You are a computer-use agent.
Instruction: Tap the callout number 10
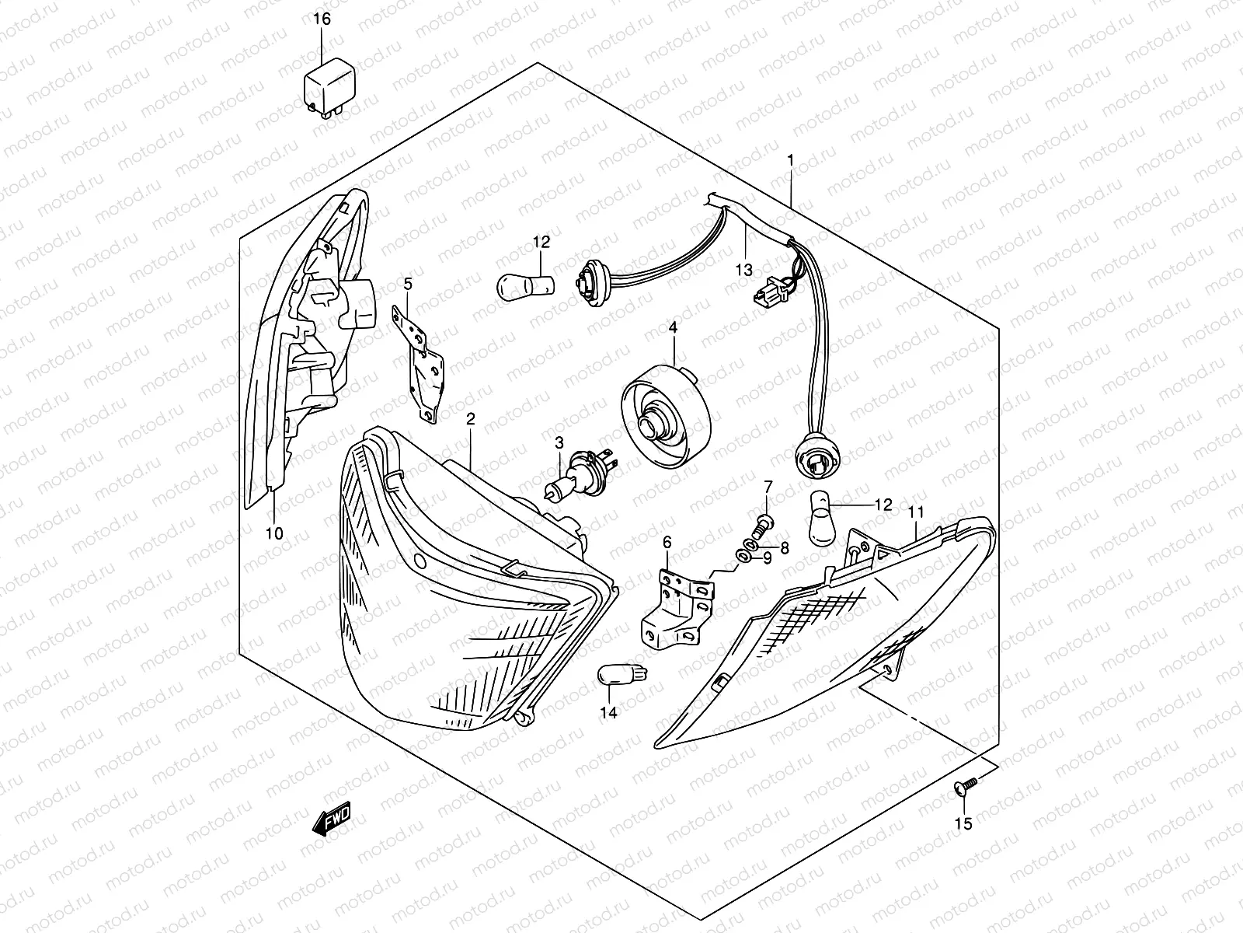click(274, 533)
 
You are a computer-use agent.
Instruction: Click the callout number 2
click(470, 419)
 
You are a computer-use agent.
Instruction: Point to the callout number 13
click(743, 270)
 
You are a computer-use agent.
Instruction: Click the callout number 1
click(791, 161)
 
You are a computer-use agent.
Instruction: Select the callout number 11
click(916, 512)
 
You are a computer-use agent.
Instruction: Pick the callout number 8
click(785, 548)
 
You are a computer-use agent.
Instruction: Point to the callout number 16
click(322, 19)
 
